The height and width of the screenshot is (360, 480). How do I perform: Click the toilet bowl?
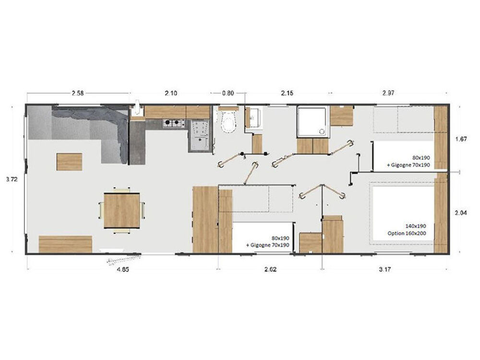click(x=229, y=122)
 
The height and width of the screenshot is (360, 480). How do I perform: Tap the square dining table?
click(x=122, y=210)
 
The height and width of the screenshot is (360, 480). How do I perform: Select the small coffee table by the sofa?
click(x=69, y=162)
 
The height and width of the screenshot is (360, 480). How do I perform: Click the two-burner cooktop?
click(x=174, y=123)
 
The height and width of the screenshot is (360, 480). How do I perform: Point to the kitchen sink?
click(x=199, y=135)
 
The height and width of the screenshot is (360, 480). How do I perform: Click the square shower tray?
click(x=312, y=121)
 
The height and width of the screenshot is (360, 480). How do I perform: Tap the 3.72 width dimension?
click(x=12, y=180)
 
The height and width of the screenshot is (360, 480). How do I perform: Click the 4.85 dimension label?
click(x=123, y=270)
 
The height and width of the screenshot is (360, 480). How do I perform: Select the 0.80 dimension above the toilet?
click(x=228, y=93)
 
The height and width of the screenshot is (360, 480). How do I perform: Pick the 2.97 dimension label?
click(x=388, y=93)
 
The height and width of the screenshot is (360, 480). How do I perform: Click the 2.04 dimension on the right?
click(x=461, y=213)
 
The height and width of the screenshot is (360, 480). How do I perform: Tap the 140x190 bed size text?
click(x=415, y=226)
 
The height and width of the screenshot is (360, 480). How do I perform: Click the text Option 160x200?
click(x=407, y=233)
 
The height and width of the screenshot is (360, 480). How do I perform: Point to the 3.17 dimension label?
click(x=384, y=270)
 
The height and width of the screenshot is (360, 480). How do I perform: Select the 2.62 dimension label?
click(x=270, y=270)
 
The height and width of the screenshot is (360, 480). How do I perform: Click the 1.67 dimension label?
click(x=461, y=139)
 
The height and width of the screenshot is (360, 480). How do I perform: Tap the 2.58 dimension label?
click(x=77, y=93)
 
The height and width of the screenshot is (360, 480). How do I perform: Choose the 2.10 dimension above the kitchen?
click(x=171, y=93)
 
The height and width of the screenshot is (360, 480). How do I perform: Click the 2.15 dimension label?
click(x=287, y=93)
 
